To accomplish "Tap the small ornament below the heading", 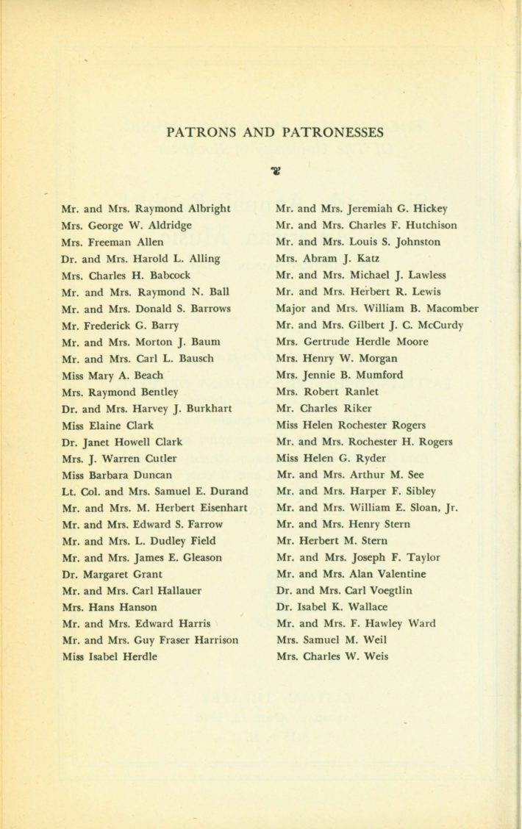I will click(276, 171).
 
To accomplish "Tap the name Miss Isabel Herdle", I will click(110, 657).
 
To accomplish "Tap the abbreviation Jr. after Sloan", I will click(451, 508).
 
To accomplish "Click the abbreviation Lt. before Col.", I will click(69, 492).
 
